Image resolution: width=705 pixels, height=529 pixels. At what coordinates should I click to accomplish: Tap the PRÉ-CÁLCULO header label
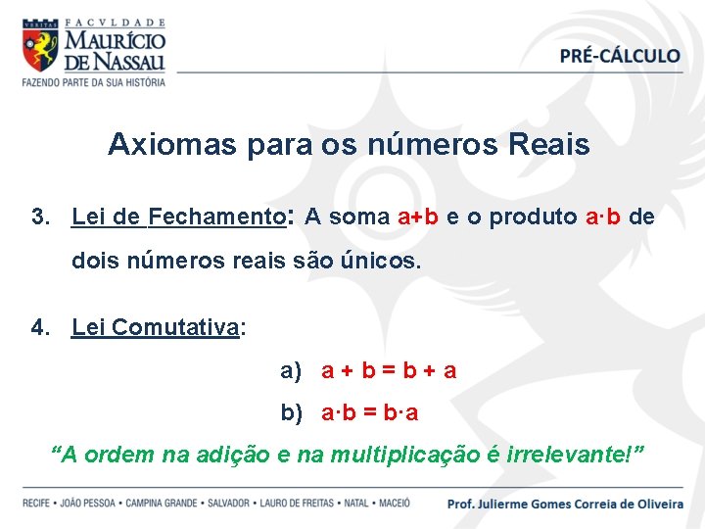620,56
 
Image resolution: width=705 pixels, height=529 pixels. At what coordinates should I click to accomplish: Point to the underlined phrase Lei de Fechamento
177,217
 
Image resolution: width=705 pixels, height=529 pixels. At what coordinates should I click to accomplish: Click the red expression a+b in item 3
418,217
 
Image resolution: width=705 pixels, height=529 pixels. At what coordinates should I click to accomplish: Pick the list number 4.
39,327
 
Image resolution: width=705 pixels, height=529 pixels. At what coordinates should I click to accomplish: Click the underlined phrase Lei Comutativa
156,327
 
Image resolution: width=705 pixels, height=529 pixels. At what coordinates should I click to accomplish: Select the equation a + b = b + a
389,371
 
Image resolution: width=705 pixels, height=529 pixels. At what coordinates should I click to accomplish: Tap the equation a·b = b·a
370,413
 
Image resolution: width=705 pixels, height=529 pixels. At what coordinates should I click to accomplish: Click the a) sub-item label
292,371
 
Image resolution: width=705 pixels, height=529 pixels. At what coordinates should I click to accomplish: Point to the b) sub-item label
292,413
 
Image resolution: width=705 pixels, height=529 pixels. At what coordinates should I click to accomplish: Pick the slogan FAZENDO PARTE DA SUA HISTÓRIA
94,82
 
